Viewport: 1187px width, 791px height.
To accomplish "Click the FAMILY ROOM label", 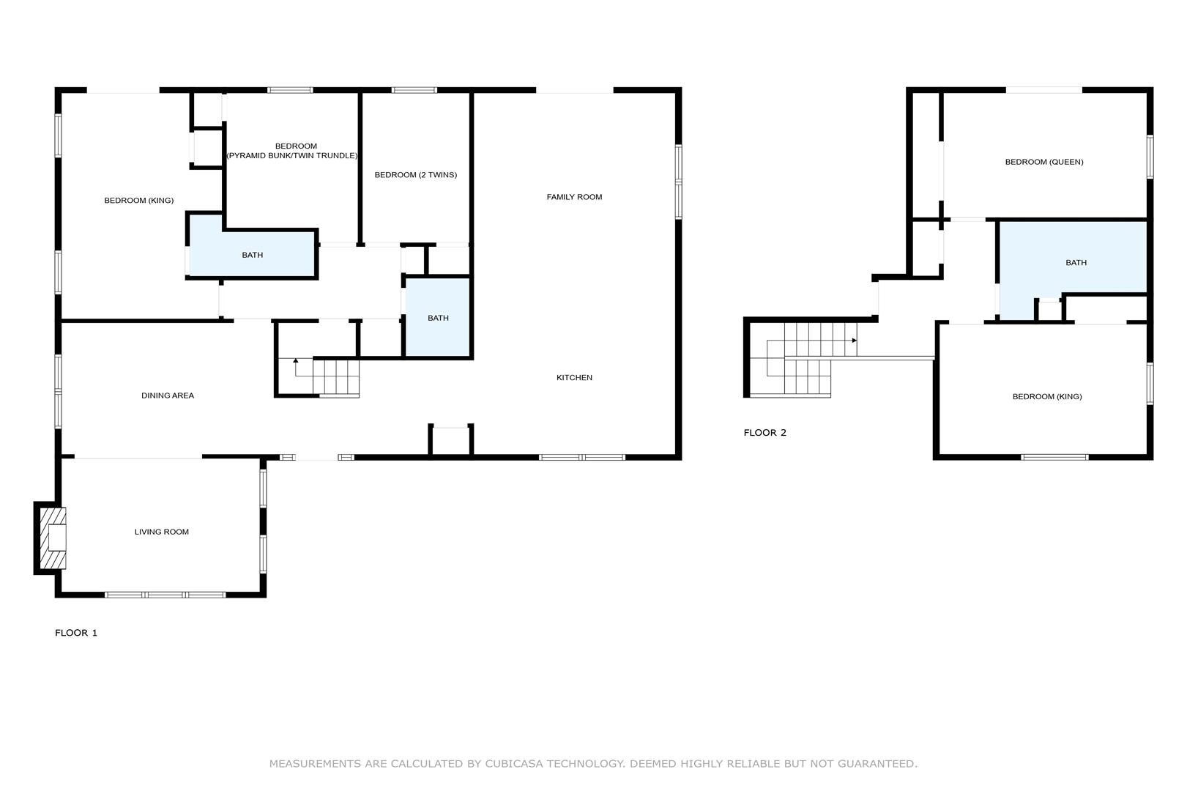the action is point(574,197).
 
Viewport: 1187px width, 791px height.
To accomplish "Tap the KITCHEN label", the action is point(574,377).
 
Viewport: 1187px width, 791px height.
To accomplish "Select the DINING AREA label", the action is point(168,395).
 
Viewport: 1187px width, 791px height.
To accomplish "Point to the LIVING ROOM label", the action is point(162,532).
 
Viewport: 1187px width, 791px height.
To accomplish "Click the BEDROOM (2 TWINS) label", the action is point(415,175).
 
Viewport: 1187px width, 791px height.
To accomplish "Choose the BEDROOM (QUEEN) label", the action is point(1044,163).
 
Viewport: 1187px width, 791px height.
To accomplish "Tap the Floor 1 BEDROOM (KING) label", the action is point(139,201).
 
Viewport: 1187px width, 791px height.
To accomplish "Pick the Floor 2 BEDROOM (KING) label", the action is point(1047,396).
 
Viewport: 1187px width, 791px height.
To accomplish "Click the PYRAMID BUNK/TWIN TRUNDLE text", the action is point(292,156).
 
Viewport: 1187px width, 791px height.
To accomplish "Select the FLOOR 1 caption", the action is point(76,633).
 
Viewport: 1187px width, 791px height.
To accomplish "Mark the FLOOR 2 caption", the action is point(764,433).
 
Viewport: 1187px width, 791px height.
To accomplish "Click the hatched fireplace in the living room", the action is point(53,538).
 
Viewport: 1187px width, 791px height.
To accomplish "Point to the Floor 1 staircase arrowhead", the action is point(296,360).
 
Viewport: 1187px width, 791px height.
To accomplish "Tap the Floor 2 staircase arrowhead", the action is point(855,341).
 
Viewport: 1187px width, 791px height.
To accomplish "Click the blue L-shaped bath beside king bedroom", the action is point(252,255).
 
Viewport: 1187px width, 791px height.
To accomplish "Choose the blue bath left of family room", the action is point(438,318).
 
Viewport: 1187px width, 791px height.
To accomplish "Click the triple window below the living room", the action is point(165,595).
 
